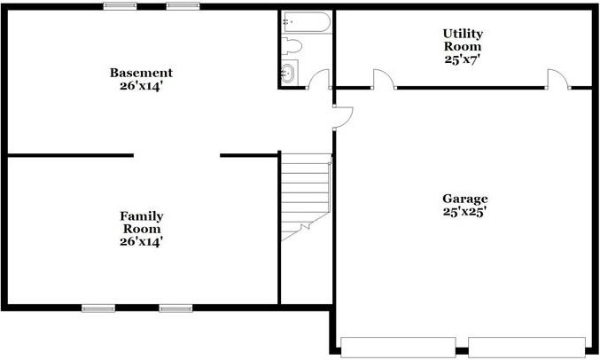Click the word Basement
click(x=141, y=73)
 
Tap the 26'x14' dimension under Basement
click(x=141, y=86)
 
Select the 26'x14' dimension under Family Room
click(x=142, y=240)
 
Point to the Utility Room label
click(x=463, y=40)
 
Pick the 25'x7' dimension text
click(x=463, y=59)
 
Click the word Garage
click(x=465, y=199)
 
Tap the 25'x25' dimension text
click(x=465, y=213)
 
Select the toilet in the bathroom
click(x=293, y=44)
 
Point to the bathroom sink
click(x=291, y=74)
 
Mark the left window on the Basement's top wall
click(x=120, y=6)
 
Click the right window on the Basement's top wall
click(x=183, y=6)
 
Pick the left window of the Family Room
click(x=98, y=309)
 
